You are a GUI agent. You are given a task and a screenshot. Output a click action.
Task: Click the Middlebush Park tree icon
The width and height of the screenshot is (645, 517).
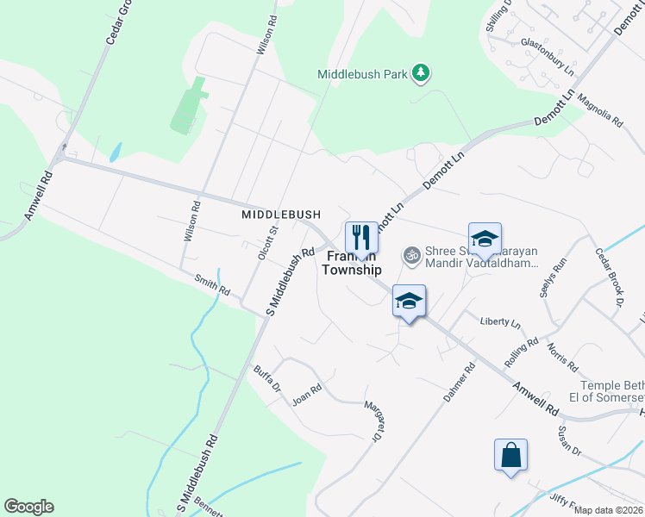[x=421, y=74]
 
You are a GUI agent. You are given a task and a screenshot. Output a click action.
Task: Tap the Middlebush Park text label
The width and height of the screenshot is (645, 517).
[x=362, y=75]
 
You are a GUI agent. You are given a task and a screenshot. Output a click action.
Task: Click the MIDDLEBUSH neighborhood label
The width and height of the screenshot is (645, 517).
[x=281, y=214]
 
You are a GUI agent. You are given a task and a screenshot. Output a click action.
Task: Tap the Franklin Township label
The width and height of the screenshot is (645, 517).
[x=351, y=264]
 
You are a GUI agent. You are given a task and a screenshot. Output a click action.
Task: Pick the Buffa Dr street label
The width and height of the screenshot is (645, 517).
[x=267, y=378]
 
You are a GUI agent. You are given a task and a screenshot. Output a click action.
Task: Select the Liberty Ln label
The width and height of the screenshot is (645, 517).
[x=500, y=323]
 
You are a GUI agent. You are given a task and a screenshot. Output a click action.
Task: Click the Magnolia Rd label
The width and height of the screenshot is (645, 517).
[x=600, y=110]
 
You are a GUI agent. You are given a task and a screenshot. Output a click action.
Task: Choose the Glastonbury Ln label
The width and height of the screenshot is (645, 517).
[x=547, y=53]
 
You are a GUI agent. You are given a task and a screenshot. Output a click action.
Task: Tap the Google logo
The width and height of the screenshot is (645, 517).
[x=28, y=507]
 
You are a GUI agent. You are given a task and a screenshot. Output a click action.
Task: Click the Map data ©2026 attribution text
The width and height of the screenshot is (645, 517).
[x=607, y=510]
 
